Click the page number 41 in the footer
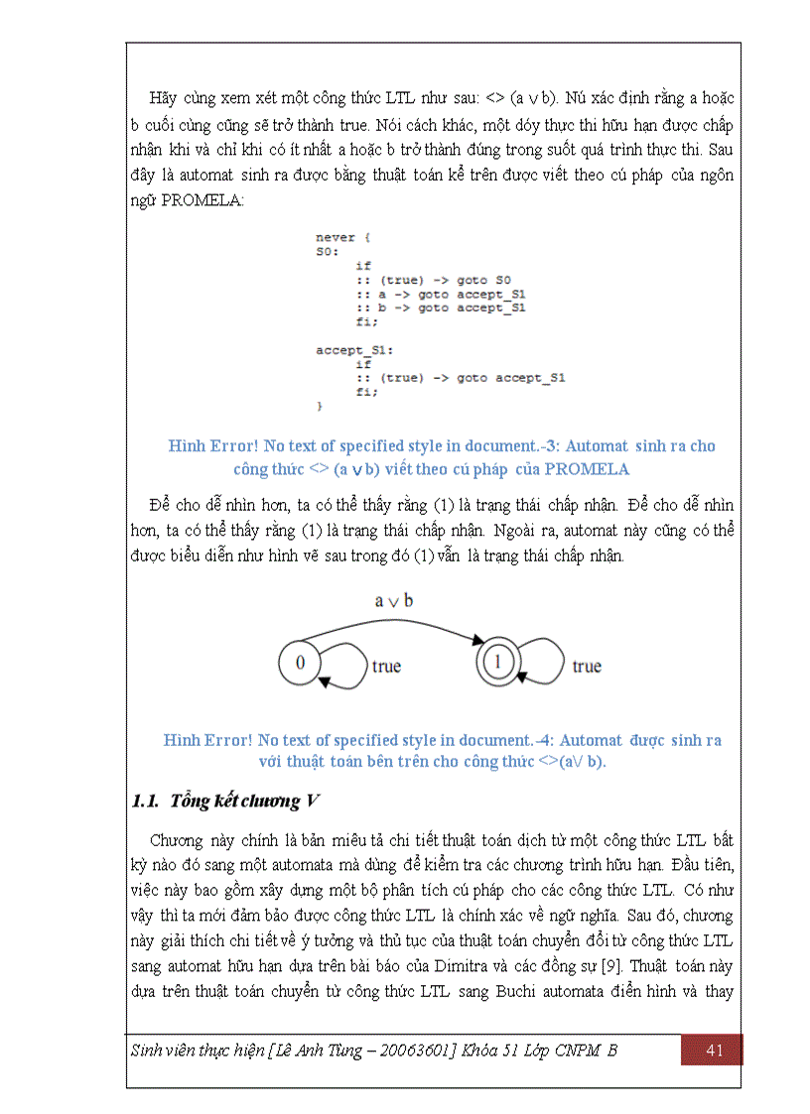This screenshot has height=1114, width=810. click(x=713, y=1051)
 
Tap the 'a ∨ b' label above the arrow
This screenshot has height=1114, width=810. click(x=394, y=601)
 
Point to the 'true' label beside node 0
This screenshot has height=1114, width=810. click(x=386, y=667)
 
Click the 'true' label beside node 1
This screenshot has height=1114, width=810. click(x=587, y=667)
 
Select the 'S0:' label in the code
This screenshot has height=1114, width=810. click(x=327, y=252)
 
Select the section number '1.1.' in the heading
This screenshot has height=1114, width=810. click(x=146, y=801)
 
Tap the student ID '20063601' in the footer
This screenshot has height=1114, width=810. click(x=420, y=1051)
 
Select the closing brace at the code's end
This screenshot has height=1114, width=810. click(x=320, y=407)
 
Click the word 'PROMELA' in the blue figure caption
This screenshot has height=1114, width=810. click(x=587, y=469)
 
